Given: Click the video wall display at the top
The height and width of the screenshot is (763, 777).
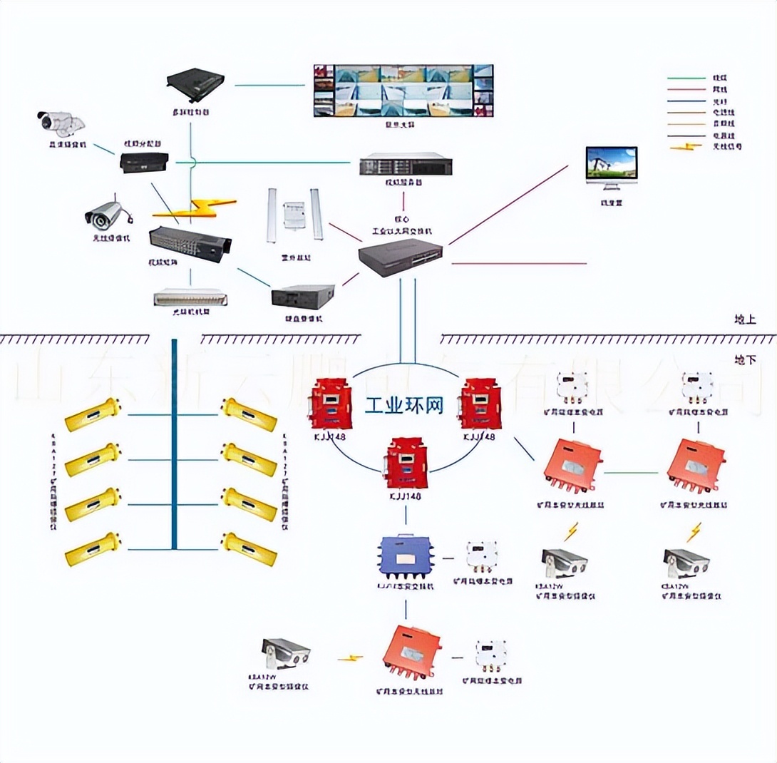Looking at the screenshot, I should (x=403, y=91).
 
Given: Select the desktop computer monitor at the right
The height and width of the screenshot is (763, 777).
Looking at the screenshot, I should (x=611, y=167).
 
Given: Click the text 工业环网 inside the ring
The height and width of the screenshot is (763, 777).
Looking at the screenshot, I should (x=403, y=406).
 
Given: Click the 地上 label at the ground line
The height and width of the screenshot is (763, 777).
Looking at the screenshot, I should (x=745, y=319).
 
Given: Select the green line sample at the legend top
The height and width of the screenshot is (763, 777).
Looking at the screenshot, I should (x=686, y=77).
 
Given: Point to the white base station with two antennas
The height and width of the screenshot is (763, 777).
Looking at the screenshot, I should (x=294, y=214).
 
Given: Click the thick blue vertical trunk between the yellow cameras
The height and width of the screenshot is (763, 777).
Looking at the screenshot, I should (x=173, y=442).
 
